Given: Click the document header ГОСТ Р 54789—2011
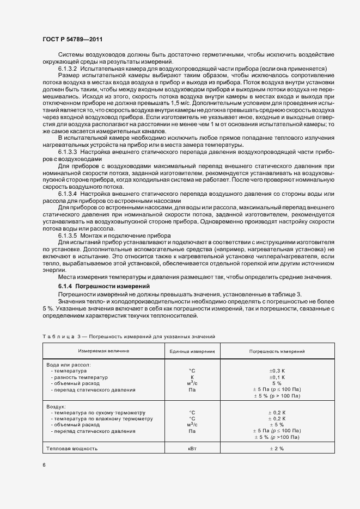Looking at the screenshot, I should point(72,40).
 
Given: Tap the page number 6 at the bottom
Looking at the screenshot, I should point(45,465).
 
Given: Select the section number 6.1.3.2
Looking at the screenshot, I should point(68,69).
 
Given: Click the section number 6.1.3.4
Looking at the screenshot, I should point(68,193).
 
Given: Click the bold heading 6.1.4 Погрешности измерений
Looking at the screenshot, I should point(103,286).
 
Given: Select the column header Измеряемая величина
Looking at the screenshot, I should point(103,351).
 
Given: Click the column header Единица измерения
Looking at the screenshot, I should point(192,351).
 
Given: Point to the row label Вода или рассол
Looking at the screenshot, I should point(68,364).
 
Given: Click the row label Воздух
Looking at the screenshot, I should point(56,406).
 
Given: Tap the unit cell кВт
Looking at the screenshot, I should point(192,449).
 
